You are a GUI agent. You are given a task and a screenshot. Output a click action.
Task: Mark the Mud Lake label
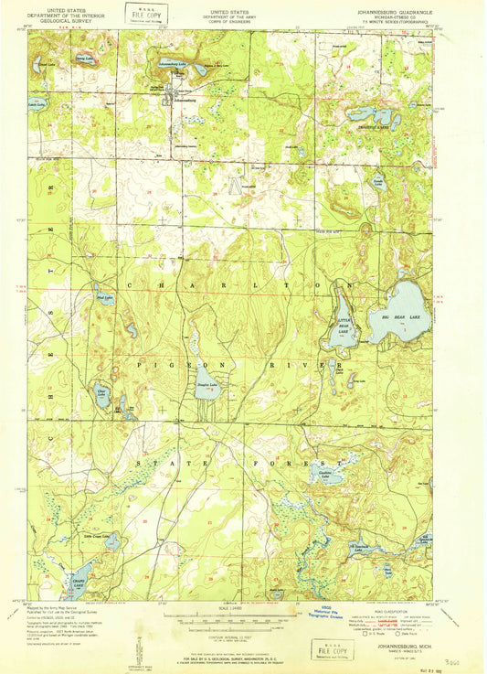coord(104,297)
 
